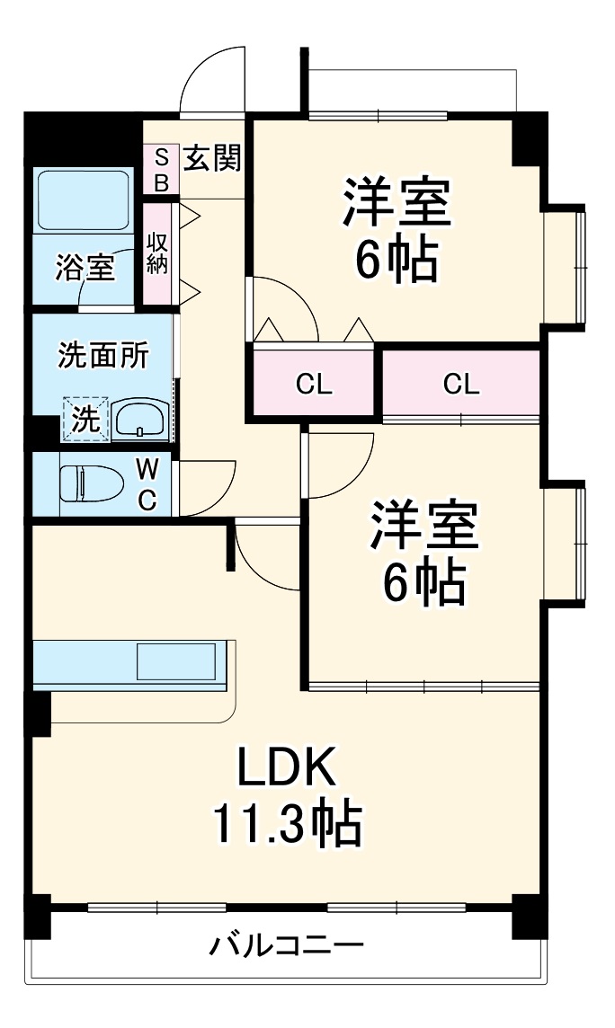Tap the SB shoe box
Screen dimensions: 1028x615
(162, 169)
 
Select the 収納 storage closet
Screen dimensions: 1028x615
(158, 253)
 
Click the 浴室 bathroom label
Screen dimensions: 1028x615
(85, 268)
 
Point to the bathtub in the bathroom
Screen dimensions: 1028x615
(85, 201)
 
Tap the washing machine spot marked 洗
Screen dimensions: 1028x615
(85, 419)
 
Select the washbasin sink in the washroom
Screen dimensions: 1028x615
(139, 419)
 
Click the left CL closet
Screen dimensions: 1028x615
(315, 385)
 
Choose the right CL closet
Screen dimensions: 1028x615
(461, 384)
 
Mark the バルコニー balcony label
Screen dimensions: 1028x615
(288, 945)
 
